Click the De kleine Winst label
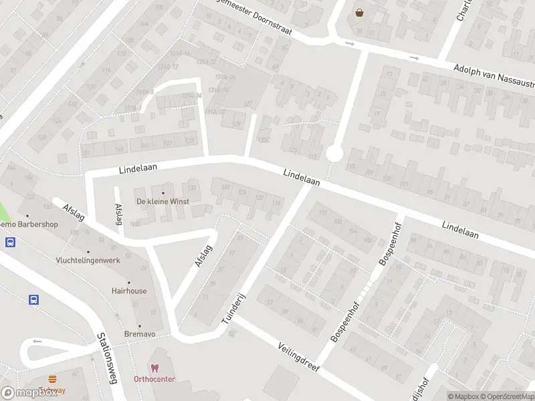click(163, 201)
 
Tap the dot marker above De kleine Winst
click(163, 192)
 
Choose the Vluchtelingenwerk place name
click(88, 260)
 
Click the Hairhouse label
click(129, 291)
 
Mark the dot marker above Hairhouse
click(129, 282)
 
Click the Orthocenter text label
click(154, 379)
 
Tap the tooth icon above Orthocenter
click(154, 368)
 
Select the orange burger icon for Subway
click(52, 380)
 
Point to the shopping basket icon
click(360, 12)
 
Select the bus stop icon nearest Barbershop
click(11, 243)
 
